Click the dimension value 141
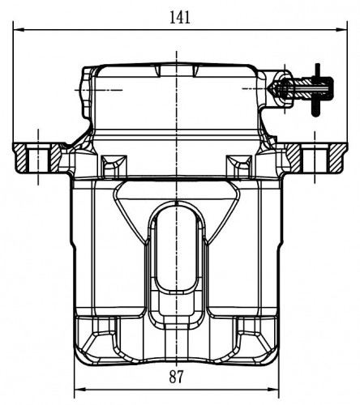click(x=180, y=18)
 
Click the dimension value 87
click(x=176, y=377)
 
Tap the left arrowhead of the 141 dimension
click(x=19, y=29)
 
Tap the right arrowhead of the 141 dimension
click(x=341, y=29)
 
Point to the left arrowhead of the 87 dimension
click(x=79, y=390)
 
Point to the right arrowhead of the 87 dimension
click(x=273, y=390)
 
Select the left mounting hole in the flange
click(x=38, y=158)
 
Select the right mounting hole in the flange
click(x=315, y=158)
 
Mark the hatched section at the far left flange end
click(x=20, y=158)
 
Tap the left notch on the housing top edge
click(x=158, y=70)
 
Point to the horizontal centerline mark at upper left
click(x=98, y=90)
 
